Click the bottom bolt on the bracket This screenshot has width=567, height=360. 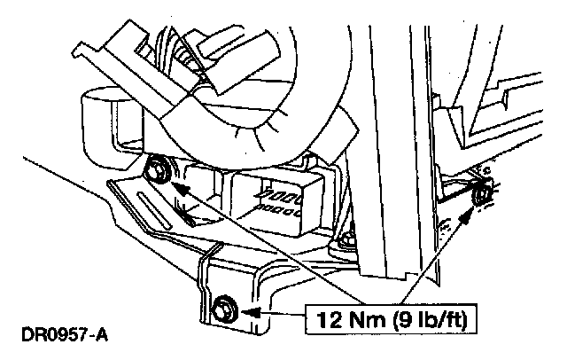[x=221, y=309]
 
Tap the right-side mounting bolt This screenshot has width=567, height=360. [x=483, y=194]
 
